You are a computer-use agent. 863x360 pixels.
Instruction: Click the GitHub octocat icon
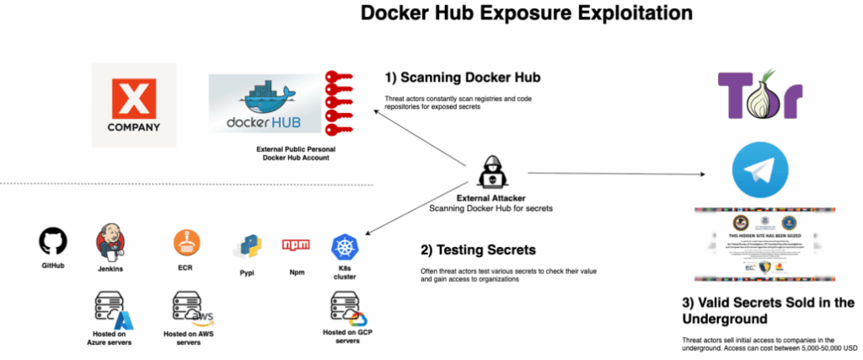[53, 243]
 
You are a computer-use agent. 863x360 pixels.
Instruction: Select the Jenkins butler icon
[111, 242]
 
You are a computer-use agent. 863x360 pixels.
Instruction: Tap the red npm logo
[296, 246]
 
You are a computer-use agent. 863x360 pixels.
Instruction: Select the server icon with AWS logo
[191, 309]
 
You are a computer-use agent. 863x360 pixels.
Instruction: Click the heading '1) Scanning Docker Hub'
[463, 78]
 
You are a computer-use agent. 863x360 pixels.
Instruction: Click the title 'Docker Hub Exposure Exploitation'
[527, 14]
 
